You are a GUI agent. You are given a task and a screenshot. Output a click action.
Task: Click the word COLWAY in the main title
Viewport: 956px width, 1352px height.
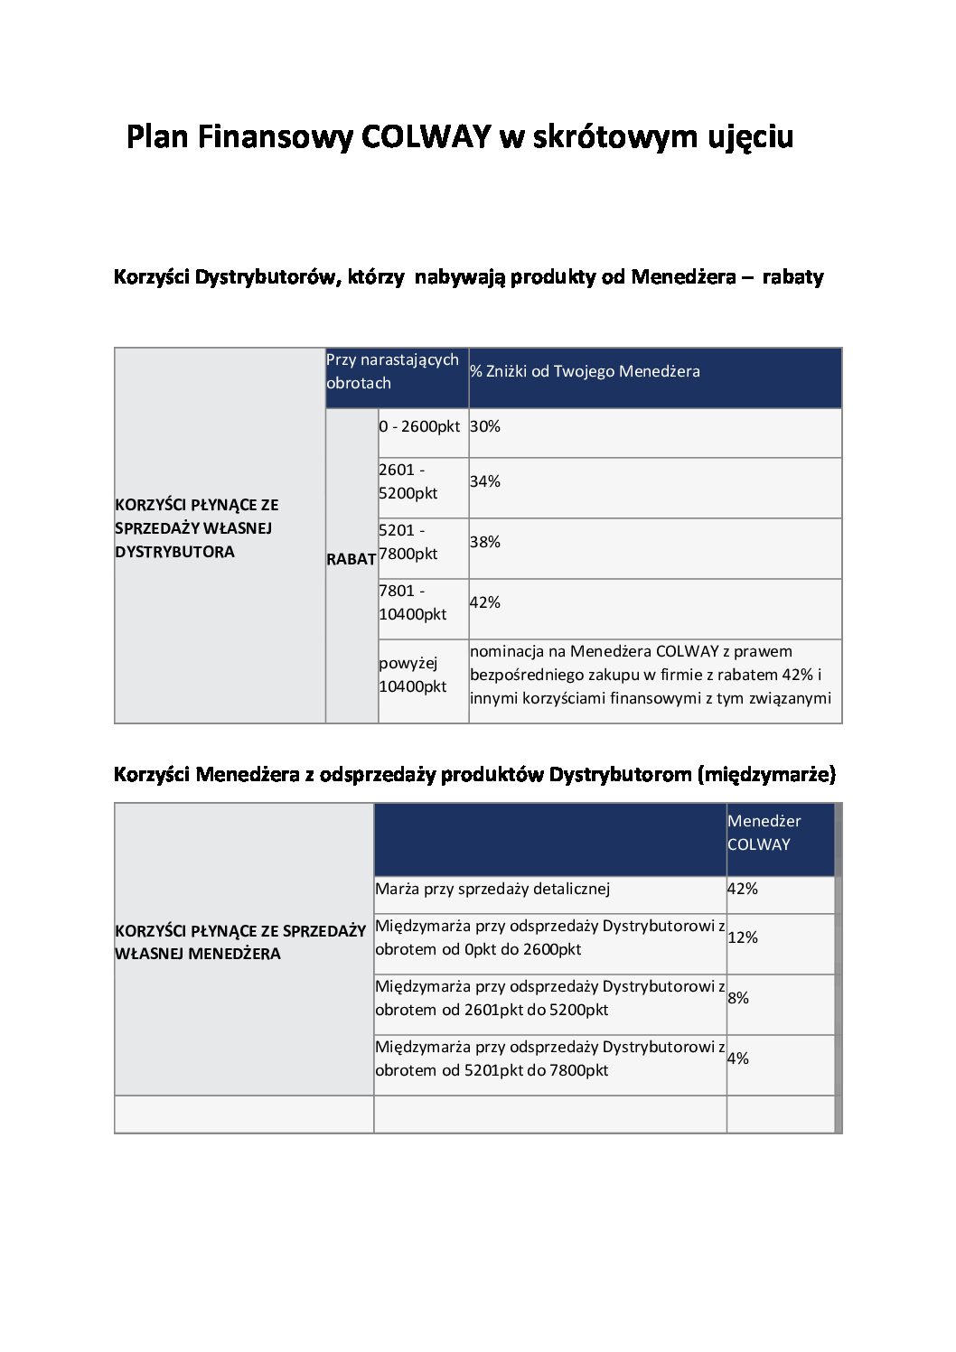[425, 136]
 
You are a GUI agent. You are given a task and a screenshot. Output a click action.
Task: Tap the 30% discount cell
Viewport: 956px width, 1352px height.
[485, 426]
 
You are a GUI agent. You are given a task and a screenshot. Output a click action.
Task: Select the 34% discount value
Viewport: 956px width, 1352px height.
[485, 481]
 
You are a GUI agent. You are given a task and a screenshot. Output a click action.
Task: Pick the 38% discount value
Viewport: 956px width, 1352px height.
[485, 542]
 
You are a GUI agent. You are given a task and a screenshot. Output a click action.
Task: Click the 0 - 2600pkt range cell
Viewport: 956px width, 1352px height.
[419, 426]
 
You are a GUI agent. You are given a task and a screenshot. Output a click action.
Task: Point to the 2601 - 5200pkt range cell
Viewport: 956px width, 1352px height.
[408, 481]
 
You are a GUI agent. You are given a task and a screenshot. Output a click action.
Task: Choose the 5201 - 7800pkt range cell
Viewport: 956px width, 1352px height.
[408, 542]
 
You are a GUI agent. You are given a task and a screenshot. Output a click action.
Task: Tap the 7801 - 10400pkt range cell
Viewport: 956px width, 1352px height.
[413, 602]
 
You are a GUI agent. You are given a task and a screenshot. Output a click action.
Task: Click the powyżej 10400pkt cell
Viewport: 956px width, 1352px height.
[413, 675]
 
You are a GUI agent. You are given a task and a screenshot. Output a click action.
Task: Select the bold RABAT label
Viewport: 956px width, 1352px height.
[351, 559]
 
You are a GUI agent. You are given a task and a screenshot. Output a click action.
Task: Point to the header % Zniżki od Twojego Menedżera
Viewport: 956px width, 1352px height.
[585, 371]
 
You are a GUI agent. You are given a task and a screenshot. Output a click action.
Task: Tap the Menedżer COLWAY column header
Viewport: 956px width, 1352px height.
[764, 833]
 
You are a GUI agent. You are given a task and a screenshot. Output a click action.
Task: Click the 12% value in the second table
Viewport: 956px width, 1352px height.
[743, 937]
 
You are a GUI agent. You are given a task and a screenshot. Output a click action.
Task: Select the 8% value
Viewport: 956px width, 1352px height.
[738, 998]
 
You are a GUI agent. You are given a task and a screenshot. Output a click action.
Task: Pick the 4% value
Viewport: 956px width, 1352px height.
[738, 1058]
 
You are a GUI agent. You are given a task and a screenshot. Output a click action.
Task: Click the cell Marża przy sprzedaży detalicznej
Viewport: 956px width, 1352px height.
[492, 889]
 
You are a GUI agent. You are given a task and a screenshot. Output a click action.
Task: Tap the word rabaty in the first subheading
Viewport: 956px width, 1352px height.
[792, 277]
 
